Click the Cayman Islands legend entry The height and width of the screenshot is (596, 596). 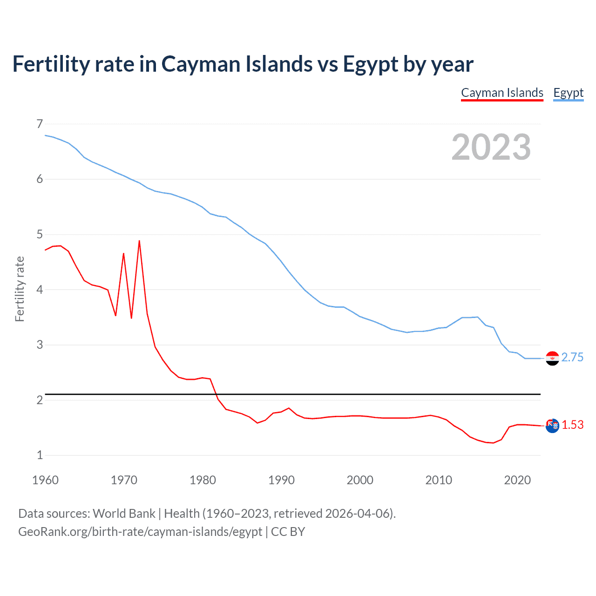pyautogui.click(x=502, y=93)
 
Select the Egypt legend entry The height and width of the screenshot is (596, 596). pyautogui.click(x=568, y=93)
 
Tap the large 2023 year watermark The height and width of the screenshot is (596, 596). pyautogui.click(x=491, y=147)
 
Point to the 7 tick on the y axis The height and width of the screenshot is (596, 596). pyautogui.click(x=40, y=124)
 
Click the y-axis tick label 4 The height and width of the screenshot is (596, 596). pyautogui.click(x=40, y=290)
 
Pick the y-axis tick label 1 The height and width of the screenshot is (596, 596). pyautogui.click(x=40, y=455)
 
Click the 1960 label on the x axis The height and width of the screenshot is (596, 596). pyautogui.click(x=45, y=480)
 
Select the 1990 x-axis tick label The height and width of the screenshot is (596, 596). pyautogui.click(x=281, y=480)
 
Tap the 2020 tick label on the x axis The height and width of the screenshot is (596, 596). pyautogui.click(x=517, y=480)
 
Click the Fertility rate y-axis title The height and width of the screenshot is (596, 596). pyautogui.click(x=20, y=289)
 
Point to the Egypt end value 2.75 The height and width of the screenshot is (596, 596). pyautogui.click(x=572, y=357)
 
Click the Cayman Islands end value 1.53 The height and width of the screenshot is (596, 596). pyautogui.click(x=572, y=425)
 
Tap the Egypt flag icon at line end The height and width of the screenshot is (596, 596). pyautogui.click(x=552, y=358)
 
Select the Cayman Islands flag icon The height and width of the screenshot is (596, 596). pyautogui.click(x=552, y=426)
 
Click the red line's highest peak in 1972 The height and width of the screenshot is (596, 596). pyautogui.click(x=139, y=241)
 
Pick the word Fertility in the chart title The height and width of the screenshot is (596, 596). pyautogui.click(x=51, y=64)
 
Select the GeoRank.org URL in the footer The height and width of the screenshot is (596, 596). pyautogui.click(x=140, y=532)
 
